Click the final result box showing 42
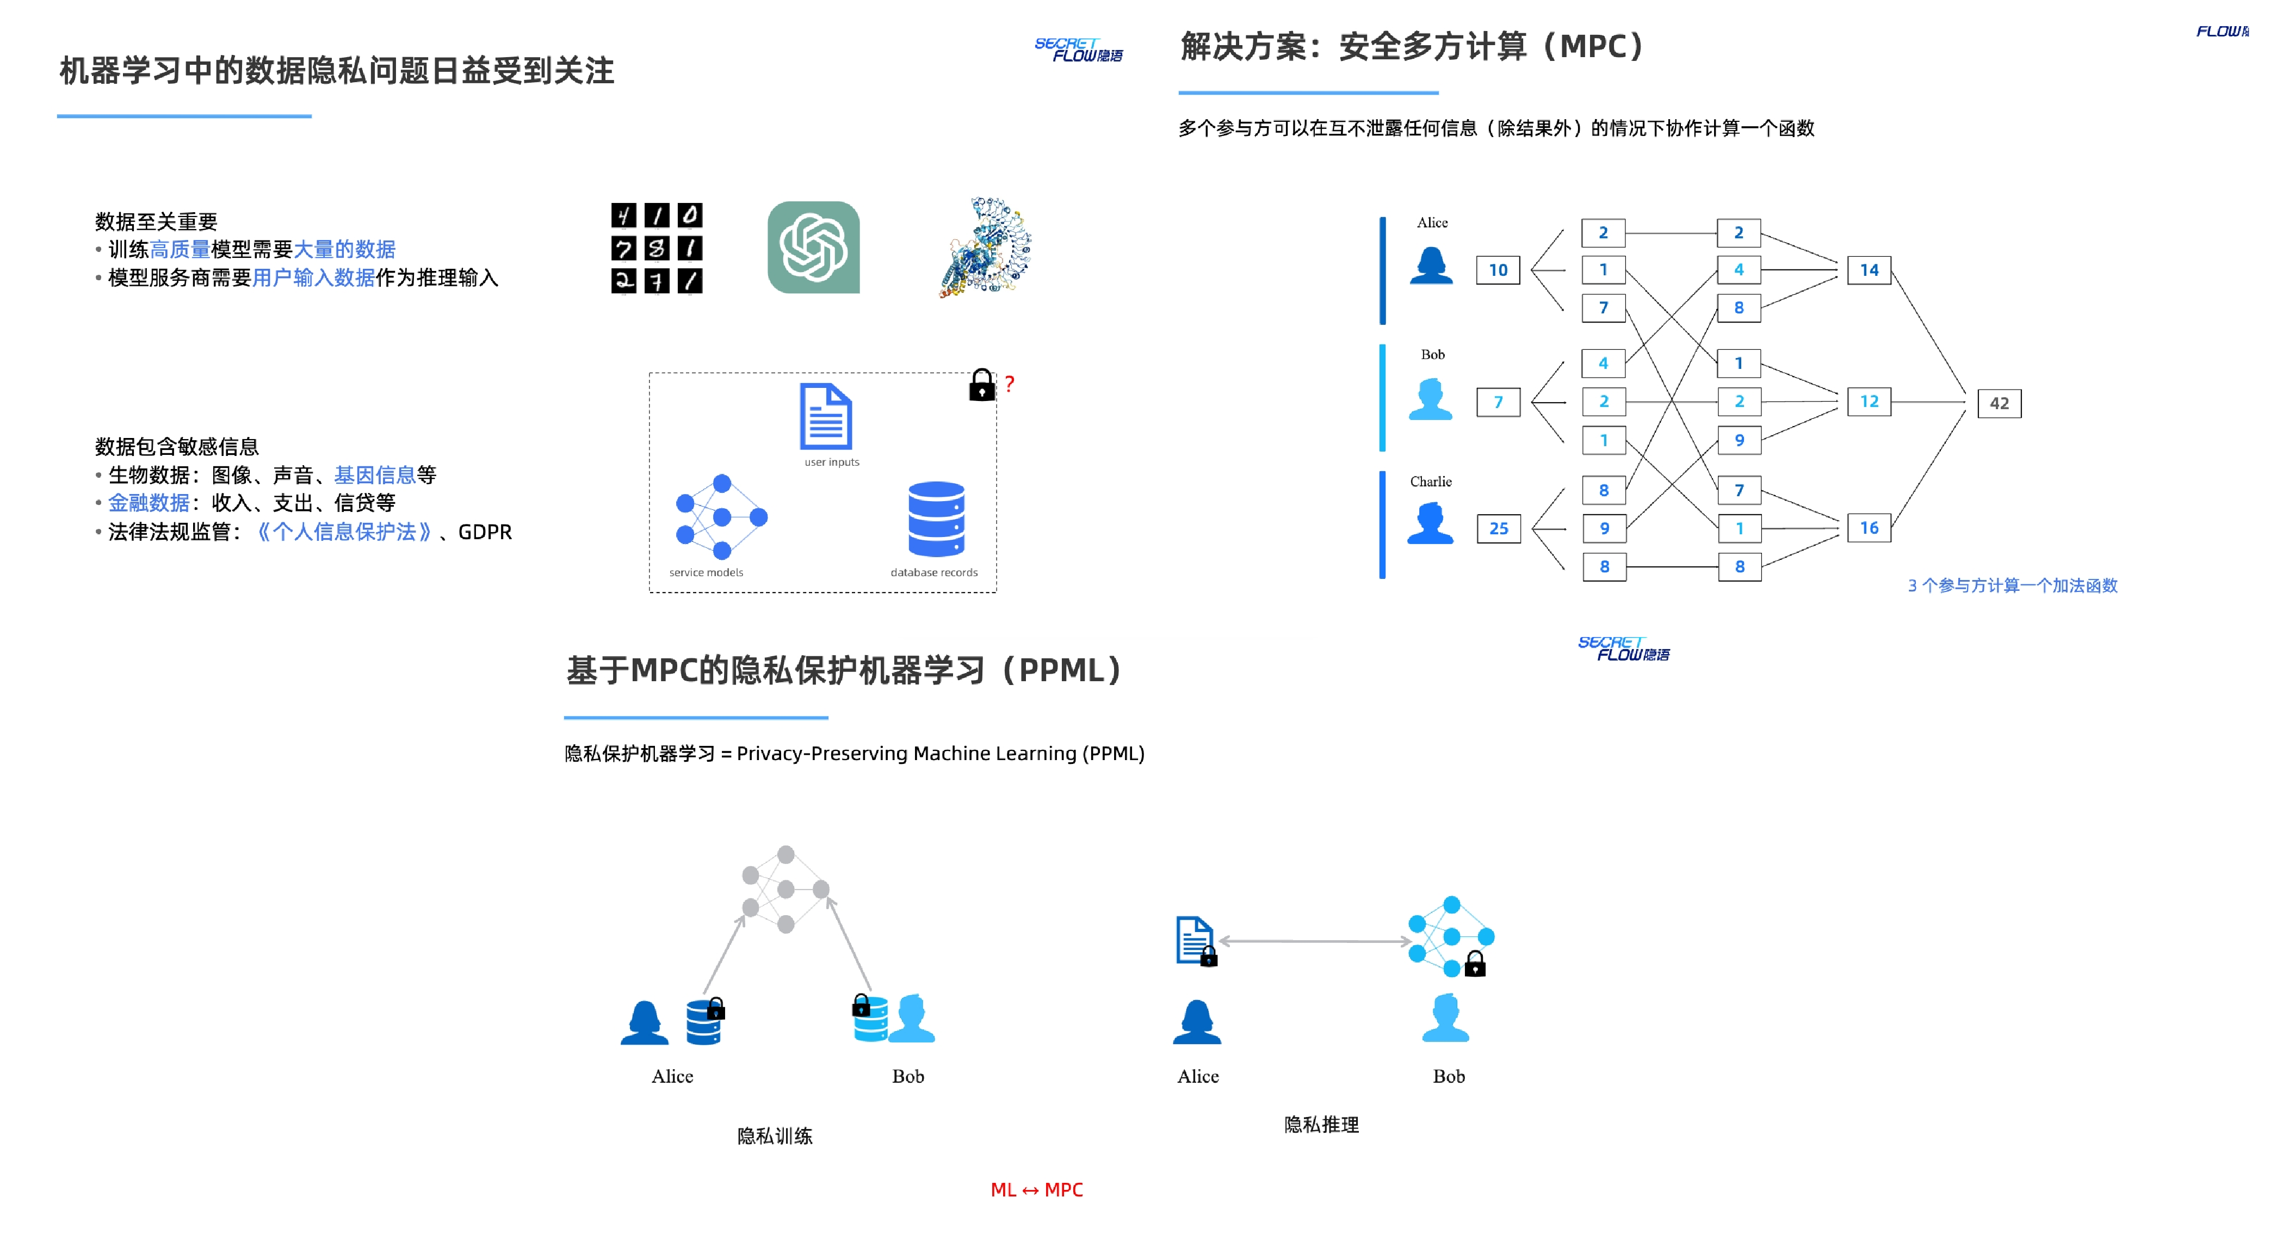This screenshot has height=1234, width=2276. [1999, 403]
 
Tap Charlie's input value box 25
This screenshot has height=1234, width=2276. [1499, 529]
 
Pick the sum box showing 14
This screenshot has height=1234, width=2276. [1869, 270]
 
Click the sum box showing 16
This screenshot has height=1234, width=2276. [1869, 528]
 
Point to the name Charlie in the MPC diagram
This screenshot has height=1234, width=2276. [1431, 482]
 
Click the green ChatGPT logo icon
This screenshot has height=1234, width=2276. [813, 248]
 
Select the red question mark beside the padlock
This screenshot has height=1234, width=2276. [1009, 384]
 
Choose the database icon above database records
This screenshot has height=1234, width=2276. [936, 519]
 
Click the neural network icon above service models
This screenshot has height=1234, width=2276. [721, 517]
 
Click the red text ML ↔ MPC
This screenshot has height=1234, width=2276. [1036, 1190]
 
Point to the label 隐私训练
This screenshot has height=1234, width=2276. [775, 1136]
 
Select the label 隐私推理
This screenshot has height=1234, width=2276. [1321, 1125]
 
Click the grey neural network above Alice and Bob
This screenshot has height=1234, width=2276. [786, 889]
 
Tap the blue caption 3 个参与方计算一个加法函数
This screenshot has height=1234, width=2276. [2012, 585]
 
